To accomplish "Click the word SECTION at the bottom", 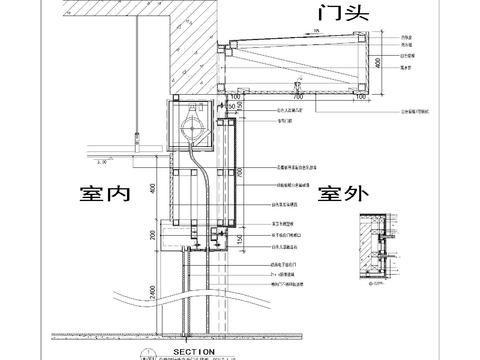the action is click(x=195, y=352).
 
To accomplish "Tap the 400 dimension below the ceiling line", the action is click(x=153, y=187).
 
